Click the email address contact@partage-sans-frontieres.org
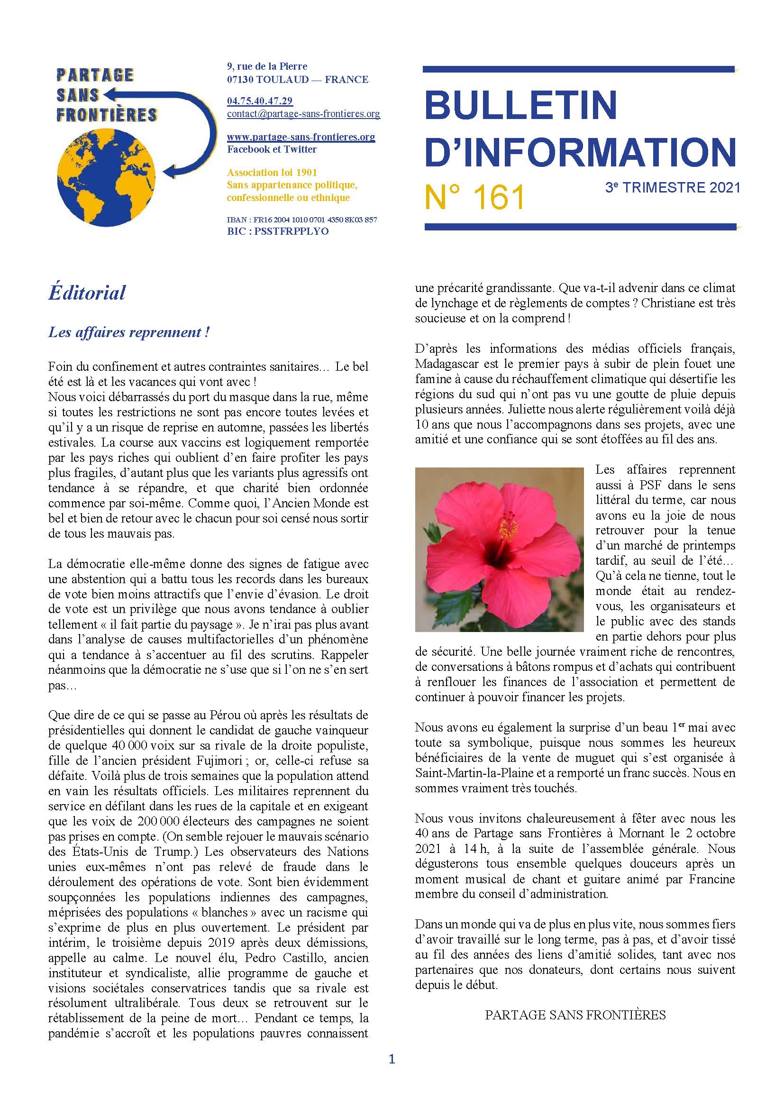point(303,114)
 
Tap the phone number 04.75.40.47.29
point(259,101)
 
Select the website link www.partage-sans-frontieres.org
point(301,137)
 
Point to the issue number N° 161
point(474,197)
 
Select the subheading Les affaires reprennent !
point(128,332)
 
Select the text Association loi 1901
point(272,173)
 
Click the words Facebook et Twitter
point(272,149)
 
